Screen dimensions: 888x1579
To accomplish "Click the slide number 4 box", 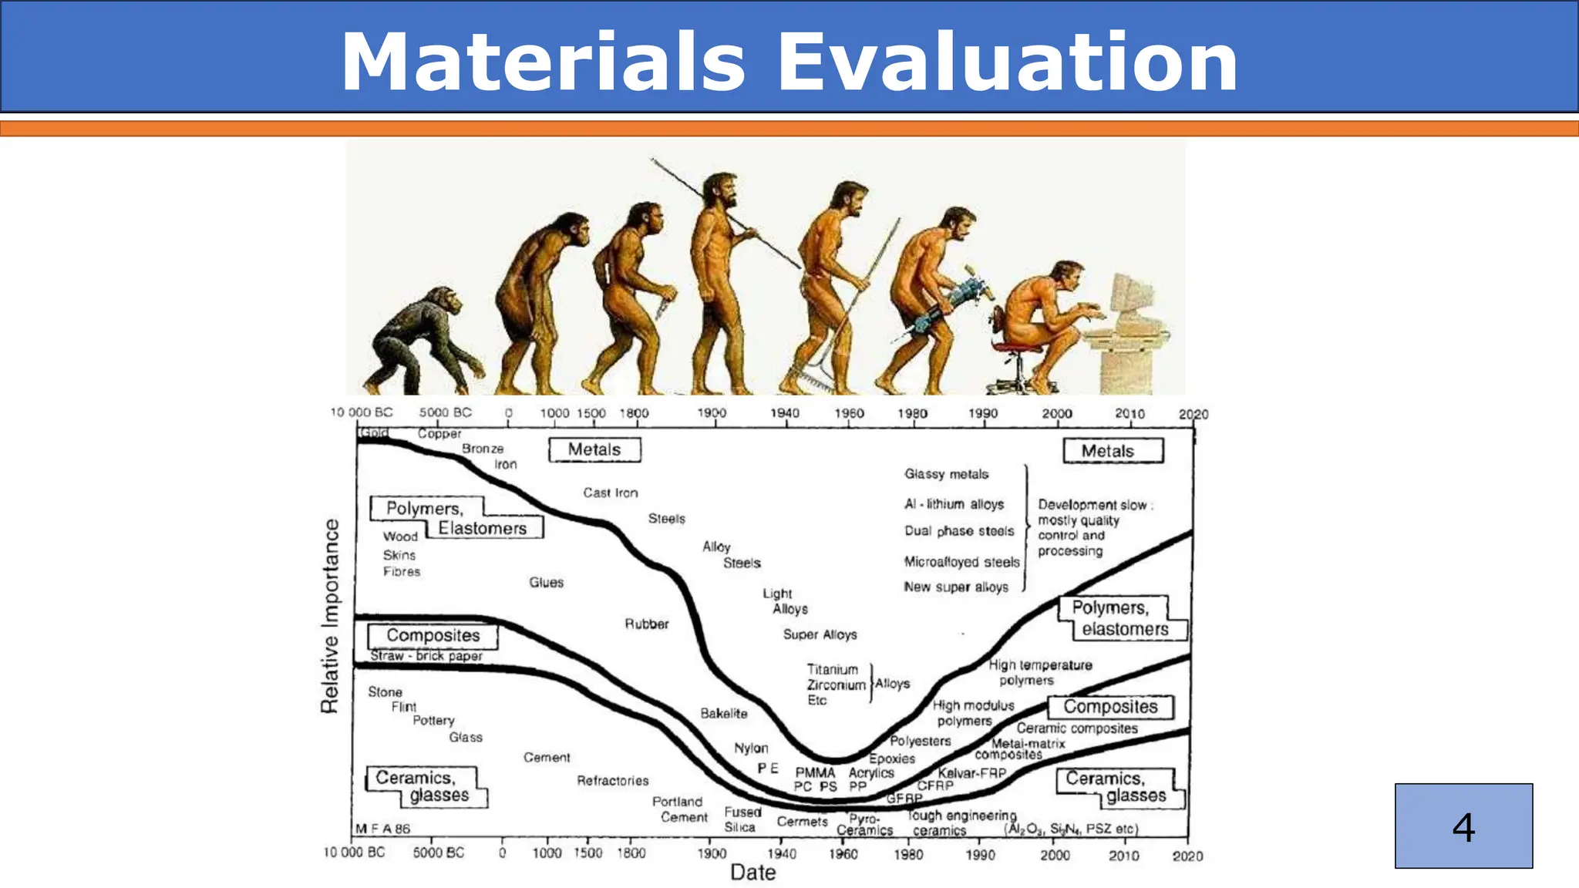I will click(x=1463, y=826).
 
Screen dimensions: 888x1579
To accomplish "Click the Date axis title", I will click(x=752, y=872).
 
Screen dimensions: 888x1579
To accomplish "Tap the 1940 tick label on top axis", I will click(x=784, y=413).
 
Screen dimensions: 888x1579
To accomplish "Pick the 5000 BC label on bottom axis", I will click(x=438, y=853).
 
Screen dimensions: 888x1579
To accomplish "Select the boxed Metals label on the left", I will click(x=594, y=449).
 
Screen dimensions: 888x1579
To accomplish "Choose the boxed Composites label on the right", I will click(x=1110, y=707).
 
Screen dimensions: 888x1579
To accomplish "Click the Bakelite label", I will click(x=723, y=714).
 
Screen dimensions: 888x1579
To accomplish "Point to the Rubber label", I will click(x=646, y=624).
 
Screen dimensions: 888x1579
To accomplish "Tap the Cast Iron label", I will click(x=610, y=493).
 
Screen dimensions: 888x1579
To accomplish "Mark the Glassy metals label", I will click(x=946, y=474).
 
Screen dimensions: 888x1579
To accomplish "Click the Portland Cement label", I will click(x=679, y=809).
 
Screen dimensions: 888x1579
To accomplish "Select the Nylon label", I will click(x=751, y=748).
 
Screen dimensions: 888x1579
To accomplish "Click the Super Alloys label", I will click(x=820, y=634).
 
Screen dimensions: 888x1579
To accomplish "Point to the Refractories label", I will click(x=613, y=781).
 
